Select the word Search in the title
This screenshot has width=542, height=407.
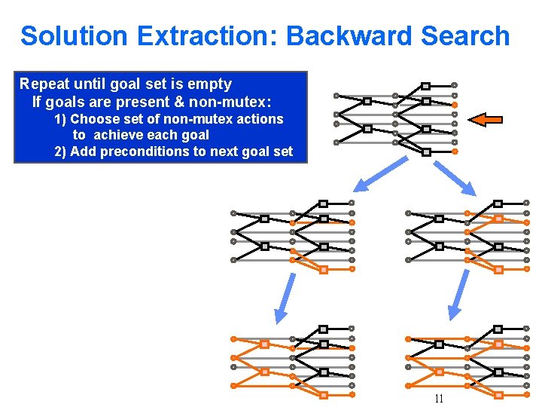[465, 35]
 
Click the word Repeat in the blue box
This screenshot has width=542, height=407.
[44, 84]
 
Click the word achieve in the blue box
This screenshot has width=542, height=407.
[115, 136]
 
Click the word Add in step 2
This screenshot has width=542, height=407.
[83, 151]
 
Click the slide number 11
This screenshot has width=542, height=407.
[439, 399]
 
